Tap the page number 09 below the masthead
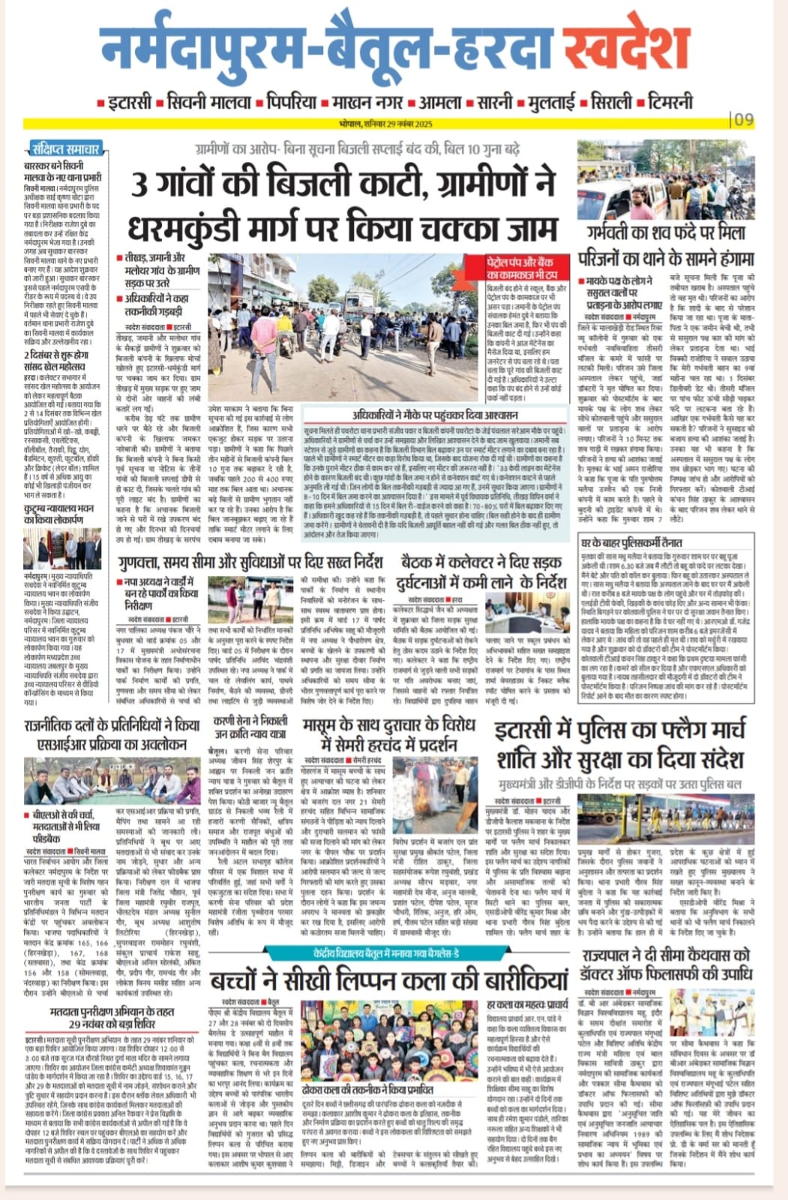(x=745, y=119)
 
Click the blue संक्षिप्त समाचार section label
(x=67, y=148)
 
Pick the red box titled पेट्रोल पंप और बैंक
(x=520, y=268)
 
